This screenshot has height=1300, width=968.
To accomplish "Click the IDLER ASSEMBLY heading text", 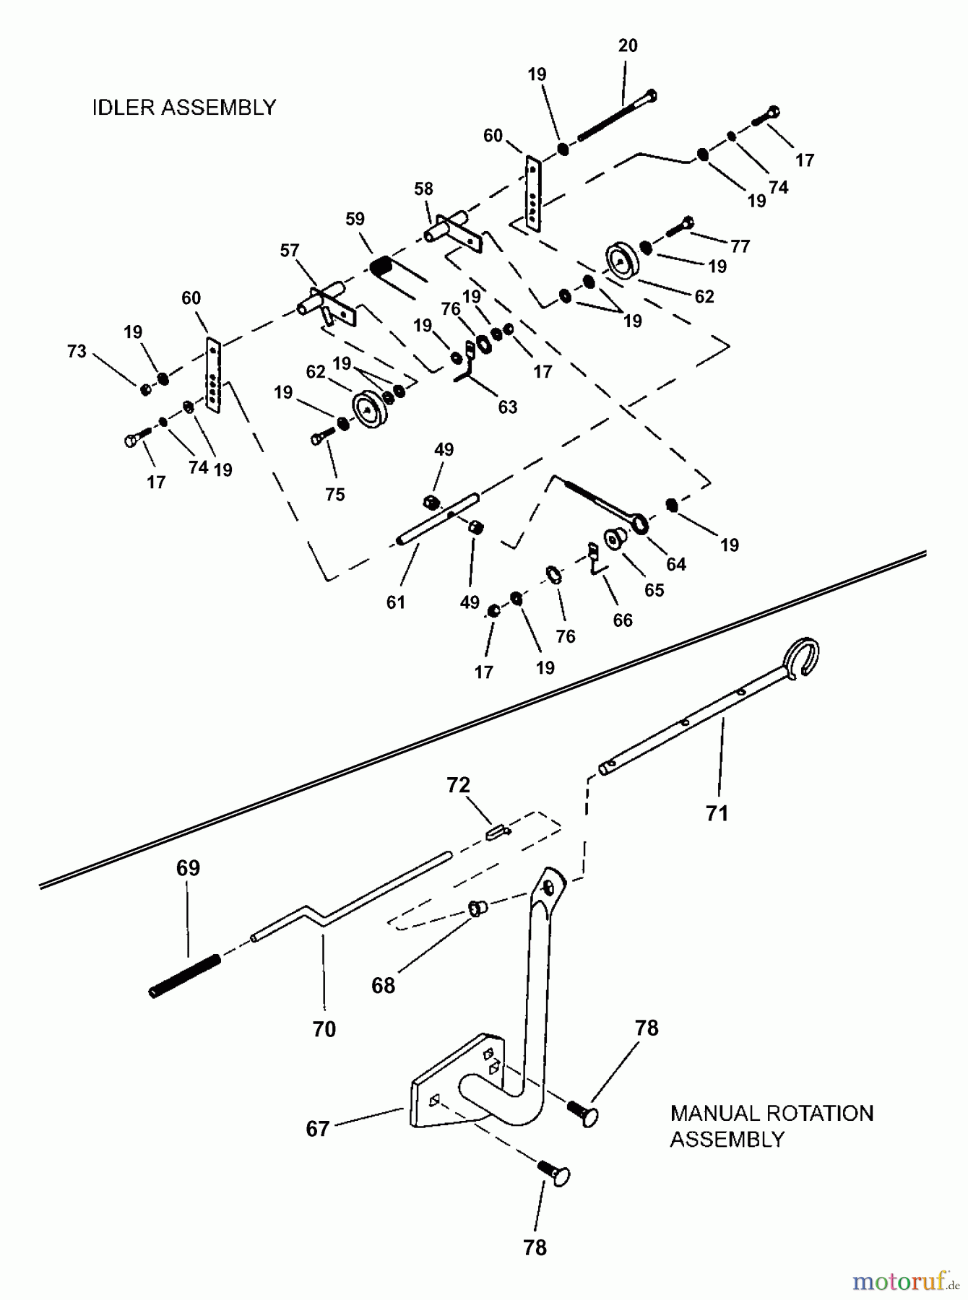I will [184, 108].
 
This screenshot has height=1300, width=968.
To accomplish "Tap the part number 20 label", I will [628, 45].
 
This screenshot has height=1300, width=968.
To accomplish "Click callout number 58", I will [423, 188].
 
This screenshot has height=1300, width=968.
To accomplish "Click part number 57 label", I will [289, 251].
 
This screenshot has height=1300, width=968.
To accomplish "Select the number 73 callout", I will [77, 351].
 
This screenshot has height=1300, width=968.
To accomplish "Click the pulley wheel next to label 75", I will [369, 410].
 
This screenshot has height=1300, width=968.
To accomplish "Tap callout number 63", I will [508, 407].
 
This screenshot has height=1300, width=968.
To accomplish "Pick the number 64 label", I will [675, 564].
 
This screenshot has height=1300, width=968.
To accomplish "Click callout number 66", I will [622, 620].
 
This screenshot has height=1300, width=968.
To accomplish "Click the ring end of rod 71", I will [803, 656].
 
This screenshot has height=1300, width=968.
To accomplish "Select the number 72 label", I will [458, 785].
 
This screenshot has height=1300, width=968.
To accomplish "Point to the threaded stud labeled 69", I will [184, 974].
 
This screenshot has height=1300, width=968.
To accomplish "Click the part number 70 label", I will [324, 1028].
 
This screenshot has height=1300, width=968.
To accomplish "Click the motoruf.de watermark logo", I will [907, 1282].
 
